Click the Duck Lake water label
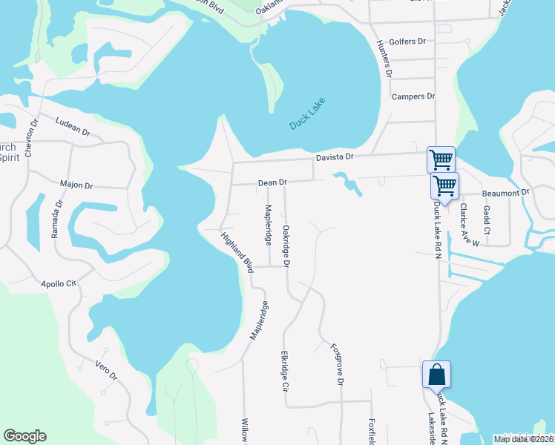[x=307, y=113]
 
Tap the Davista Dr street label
[x=336, y=156]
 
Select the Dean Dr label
[x=272, y=182]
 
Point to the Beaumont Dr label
[x=507, y=193]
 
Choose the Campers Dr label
[x=413, y=96]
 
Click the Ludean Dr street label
[x=72, y=126]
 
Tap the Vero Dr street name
[x=106, y=370]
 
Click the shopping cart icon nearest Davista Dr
[x=441, y=159]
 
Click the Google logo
[x=24, y=436]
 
